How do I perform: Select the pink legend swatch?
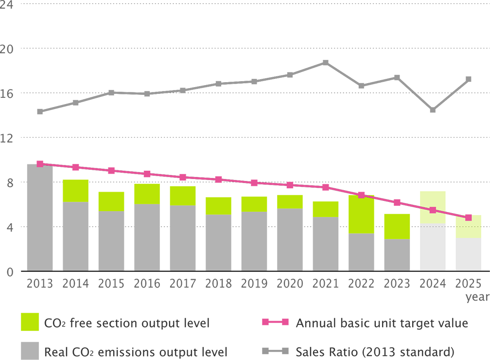tap(264, 322)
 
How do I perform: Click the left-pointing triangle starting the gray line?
tap(30, 113)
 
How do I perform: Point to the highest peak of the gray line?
tap(326, 60)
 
